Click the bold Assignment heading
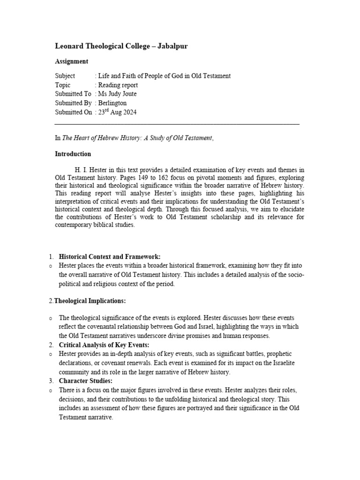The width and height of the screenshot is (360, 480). tap(71, 61)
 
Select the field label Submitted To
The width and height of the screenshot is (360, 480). tap(73, 94)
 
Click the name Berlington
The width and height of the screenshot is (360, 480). tap(112, 103)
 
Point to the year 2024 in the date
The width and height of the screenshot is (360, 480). tap(129, 112)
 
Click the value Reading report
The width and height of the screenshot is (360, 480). tap(118, 85)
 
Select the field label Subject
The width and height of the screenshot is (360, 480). tap(65, 76)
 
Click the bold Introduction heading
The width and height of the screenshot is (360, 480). tap(73, 154)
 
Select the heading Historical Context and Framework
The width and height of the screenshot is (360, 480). tap(109, 256)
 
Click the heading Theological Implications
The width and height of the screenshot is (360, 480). tap(90, 300)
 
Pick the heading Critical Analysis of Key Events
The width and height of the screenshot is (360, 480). tap(104, 345)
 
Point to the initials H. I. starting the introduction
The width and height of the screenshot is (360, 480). tap(79, 170)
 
